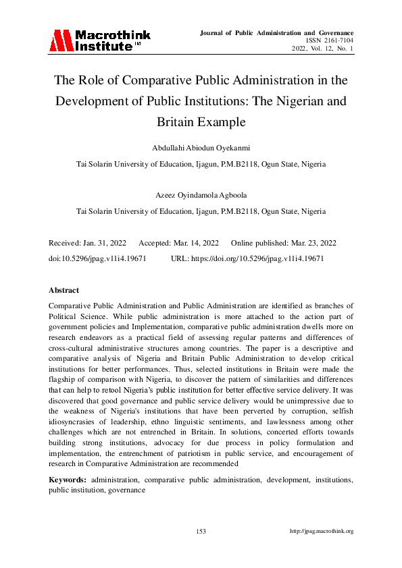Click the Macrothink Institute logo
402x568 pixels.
(x=99, y=41)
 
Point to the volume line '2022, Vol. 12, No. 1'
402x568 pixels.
(x=322, y=49)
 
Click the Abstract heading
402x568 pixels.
(x=64, y=290)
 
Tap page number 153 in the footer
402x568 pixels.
(x=201, y=532)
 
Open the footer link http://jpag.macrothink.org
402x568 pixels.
(x=322, y=532)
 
